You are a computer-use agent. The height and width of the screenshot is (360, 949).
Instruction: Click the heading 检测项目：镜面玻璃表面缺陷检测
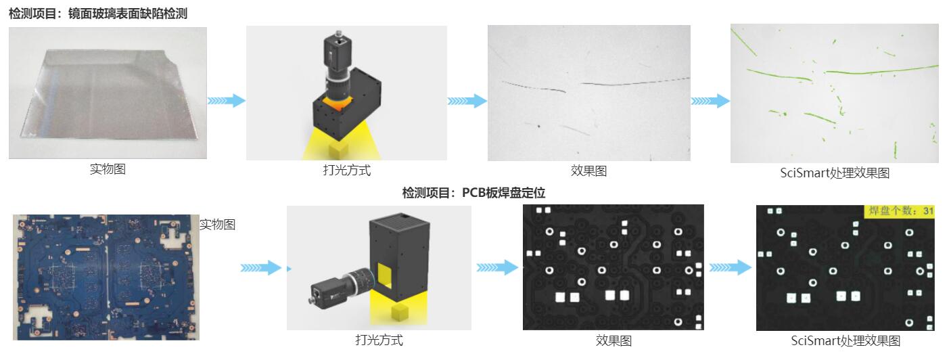coord(98,14)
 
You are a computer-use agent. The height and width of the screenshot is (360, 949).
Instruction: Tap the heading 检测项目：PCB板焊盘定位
coord(473,193)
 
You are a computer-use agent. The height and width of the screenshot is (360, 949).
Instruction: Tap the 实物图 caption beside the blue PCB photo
coord(217,224)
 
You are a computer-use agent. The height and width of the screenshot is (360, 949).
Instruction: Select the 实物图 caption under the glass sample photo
coord(108,169)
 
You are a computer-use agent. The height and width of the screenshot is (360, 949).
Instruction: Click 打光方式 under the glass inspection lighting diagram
coord(346,171)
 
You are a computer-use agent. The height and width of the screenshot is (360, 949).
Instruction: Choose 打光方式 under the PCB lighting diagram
coord(379,340)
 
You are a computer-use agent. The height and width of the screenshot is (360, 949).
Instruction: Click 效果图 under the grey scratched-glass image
coord(588,171)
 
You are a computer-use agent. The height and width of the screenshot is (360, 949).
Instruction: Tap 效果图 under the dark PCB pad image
coord(614,340)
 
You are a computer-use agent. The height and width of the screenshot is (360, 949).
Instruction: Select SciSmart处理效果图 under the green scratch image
coord(835,173)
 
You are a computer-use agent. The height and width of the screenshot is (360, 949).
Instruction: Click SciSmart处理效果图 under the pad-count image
coord(846,340)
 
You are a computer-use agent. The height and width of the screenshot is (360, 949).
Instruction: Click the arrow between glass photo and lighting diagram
coord(226,101)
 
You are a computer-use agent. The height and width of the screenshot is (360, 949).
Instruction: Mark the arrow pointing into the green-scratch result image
coord(710,101)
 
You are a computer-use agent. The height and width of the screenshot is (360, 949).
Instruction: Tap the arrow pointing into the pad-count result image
coord(730,267)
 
